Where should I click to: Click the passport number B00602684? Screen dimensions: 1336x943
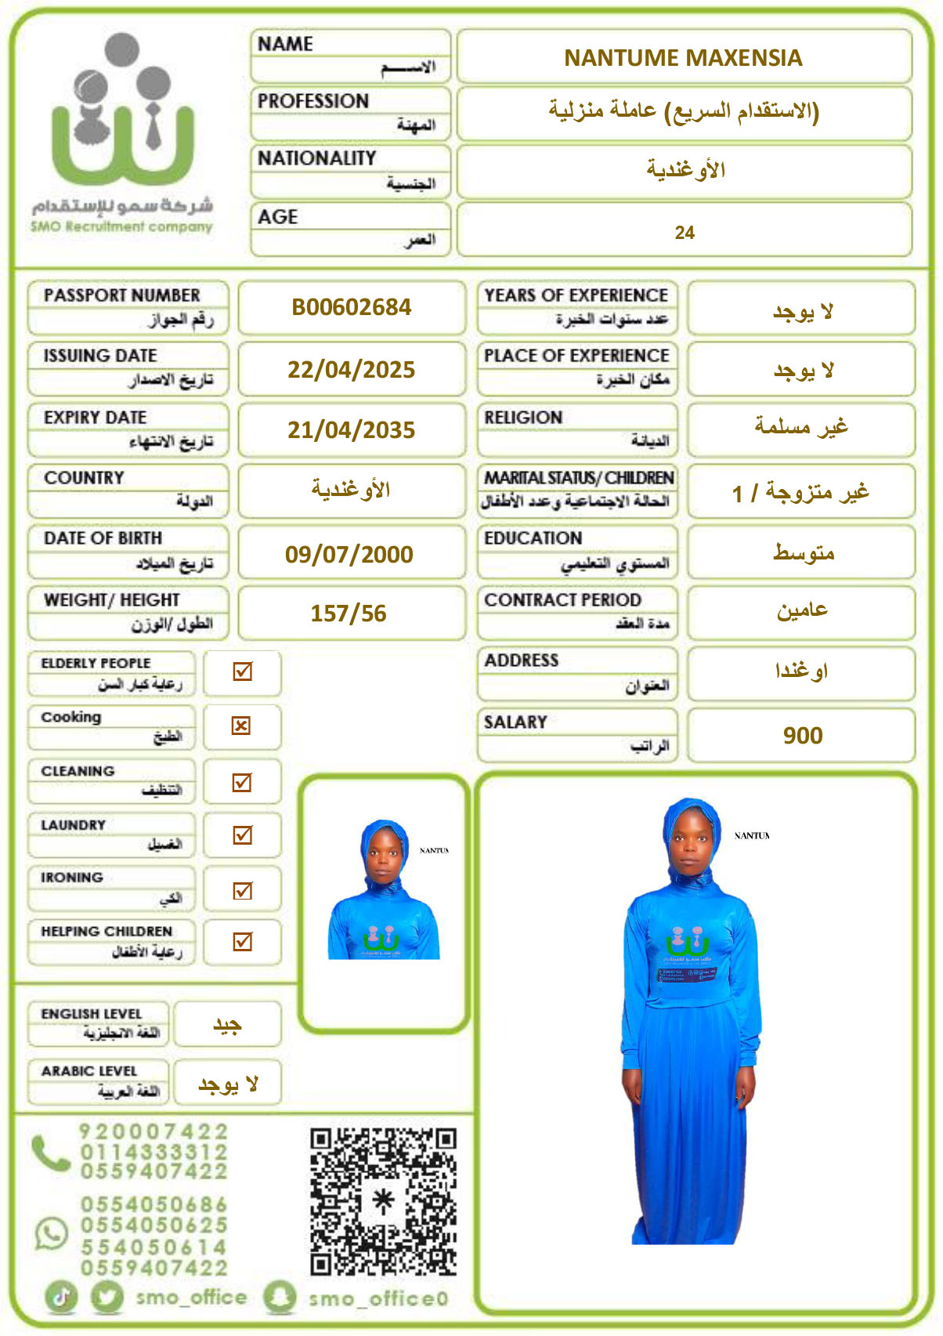pos(351,307)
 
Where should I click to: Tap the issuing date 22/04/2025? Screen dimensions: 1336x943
pos(351,369)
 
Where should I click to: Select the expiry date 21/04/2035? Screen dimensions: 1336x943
pos(351,430)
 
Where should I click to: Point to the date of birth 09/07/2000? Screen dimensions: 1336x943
pos(349,554)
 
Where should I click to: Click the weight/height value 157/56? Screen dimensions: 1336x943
pos(349,614)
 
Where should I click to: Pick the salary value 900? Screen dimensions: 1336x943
pos(802,736)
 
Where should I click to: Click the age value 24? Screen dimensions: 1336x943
pos(684,233)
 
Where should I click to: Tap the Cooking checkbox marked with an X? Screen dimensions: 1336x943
pos(241,726)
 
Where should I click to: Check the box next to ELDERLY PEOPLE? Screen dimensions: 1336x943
pos(242,672)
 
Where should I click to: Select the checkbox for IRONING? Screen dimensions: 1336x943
pos(242,890)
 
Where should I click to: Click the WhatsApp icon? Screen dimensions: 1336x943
pos(52,1233)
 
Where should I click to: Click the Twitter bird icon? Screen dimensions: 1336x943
pos(107,1297)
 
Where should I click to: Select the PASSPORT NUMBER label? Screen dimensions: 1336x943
pos(122,295)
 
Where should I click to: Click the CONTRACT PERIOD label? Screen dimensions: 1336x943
pos(562,600)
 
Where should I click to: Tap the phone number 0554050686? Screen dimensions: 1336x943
pos(154,1204)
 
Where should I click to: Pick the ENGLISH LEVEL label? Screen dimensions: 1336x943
pos(92,1014)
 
